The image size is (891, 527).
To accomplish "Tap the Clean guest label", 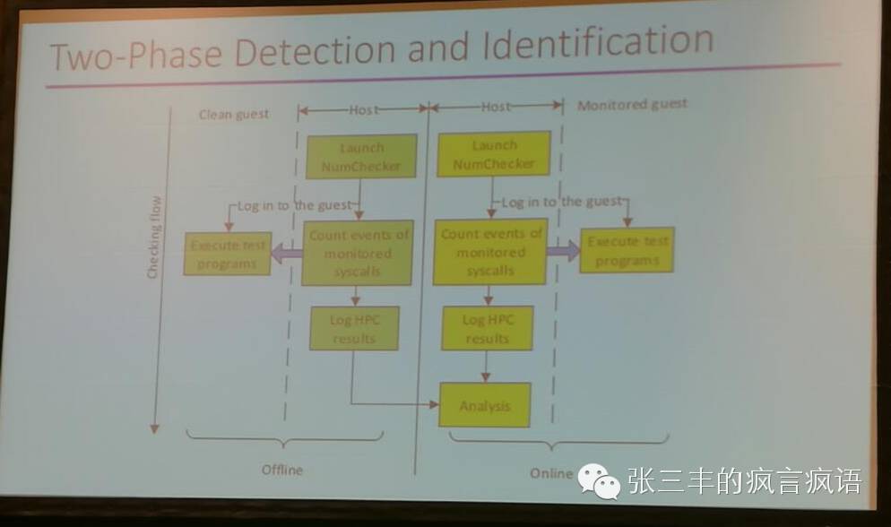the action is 233,114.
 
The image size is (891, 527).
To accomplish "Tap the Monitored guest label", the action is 632,104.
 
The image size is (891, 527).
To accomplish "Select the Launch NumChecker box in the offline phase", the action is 362,156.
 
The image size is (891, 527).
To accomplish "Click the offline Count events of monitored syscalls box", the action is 358,253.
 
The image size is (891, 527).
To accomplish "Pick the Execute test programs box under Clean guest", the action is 228,253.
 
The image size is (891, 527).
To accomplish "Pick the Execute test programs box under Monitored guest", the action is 627,250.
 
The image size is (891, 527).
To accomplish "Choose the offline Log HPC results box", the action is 354,328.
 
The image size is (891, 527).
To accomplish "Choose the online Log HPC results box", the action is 487,328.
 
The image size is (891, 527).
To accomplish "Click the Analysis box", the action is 485,405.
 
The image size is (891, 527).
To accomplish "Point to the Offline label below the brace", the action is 281,470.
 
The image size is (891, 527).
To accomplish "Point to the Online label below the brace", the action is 550,473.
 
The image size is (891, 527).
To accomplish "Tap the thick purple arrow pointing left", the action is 286,254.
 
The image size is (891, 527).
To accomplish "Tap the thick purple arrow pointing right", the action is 562,251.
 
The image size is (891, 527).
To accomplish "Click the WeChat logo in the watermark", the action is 598,481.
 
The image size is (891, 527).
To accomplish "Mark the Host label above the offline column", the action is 363,109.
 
